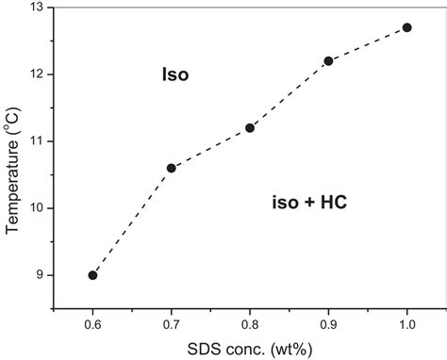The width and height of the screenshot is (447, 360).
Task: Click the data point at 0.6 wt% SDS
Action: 92,275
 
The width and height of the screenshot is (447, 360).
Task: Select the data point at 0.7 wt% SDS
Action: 171,168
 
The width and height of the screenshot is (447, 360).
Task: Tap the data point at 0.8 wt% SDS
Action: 250,127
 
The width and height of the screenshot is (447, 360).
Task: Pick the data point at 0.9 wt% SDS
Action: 328,60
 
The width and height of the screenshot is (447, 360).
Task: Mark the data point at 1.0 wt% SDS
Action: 407,27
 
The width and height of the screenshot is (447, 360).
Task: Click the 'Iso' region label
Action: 175,74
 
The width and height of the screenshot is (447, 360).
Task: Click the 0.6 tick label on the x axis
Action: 92,324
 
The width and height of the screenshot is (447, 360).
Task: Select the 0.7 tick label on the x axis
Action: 171,324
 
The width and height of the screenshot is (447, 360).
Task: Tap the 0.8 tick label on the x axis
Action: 250,324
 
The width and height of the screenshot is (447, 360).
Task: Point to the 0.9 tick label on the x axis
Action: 328,324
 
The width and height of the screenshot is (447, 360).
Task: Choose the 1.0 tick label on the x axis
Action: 407,324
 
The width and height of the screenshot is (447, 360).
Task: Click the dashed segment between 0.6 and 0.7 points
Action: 132,221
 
